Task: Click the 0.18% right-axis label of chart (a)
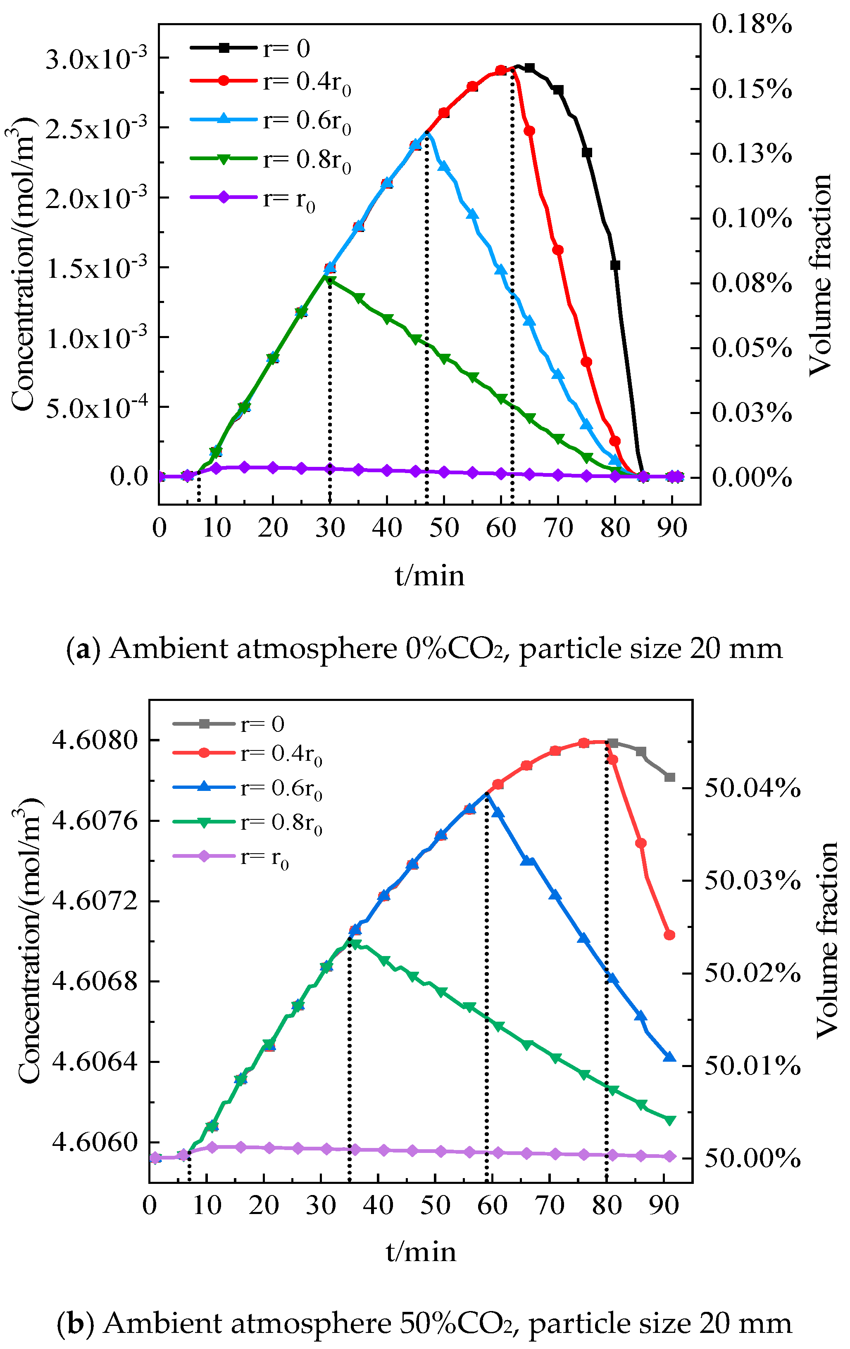coord(751,25)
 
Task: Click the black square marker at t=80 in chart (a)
coord(615,265)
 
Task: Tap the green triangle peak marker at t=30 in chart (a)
coord(330,281)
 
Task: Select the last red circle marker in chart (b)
coord(669,935)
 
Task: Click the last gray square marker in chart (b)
coord(669,777)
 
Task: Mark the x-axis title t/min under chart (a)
coord(429,576)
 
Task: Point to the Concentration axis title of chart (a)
coord(24,263)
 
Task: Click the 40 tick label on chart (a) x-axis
coord(387,528)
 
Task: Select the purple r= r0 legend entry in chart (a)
coord(252,199)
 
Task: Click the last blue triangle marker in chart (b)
coord(669,1057)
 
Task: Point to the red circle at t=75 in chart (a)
coord(586,362)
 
